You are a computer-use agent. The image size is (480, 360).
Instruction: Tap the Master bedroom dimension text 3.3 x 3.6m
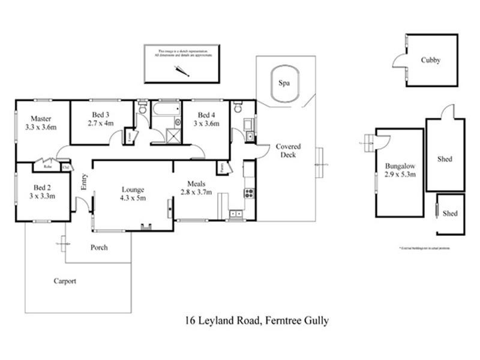point(41,127)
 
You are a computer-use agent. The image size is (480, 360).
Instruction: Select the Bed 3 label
point(100,115)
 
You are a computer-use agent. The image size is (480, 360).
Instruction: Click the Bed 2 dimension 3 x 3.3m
point(41,196)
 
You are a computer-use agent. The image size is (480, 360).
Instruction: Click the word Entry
point(84,182)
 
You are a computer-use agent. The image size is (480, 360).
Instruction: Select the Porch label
point(99,247)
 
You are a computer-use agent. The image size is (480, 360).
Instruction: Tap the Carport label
point(65,281)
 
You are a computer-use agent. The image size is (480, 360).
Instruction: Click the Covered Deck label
point(288,151)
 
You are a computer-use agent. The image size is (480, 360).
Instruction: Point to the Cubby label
point(430,60)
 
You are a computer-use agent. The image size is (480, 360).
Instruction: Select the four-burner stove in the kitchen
point(248,193)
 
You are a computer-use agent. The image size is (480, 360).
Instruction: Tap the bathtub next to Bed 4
point(165,110)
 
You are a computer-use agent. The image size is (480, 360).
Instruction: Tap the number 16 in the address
point(191,321)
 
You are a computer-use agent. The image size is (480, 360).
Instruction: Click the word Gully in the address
point(316,322)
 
